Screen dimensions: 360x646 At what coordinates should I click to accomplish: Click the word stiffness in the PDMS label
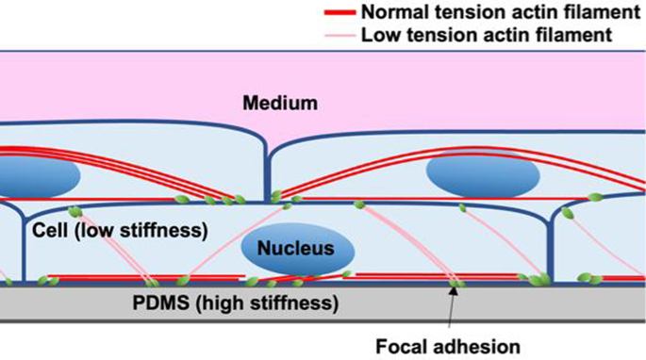pos(297,303)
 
